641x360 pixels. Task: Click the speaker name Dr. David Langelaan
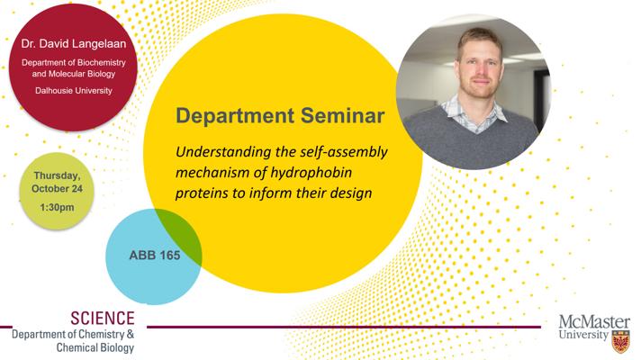[74, 44]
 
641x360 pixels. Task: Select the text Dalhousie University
[74, 91]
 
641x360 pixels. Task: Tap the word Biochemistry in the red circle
[99, 63]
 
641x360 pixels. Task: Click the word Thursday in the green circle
[57, 175]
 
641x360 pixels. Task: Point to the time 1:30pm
[58, 207]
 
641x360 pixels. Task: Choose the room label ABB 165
[155, 256]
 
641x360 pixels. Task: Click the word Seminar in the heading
[343, 115]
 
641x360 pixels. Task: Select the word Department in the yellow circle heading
[235, 116]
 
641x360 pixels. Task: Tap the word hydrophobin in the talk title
[311, 173]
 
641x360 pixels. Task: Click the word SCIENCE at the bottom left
[103, 319]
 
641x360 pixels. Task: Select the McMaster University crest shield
[620, 342]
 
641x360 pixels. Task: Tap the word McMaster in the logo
[594, 322]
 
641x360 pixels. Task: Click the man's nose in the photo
[480, 72]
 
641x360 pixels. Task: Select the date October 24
[57, 189]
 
